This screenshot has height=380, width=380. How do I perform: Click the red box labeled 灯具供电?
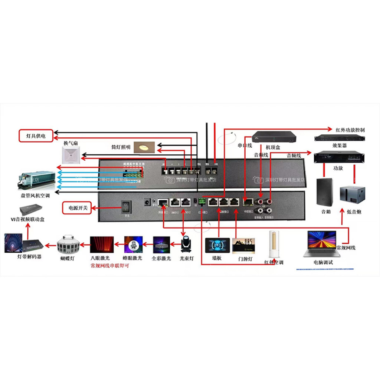[x=36, y=136]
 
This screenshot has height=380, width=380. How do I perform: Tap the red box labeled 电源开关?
[x=75, y=208]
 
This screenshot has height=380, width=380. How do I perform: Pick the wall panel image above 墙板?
[x=217, y=246]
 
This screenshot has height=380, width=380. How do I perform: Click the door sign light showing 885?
[x=243, y=246]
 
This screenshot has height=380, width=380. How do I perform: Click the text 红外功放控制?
[x=350, y=130]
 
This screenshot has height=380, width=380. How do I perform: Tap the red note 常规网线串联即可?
[x=110, y=266]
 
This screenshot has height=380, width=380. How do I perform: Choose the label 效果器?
[x=340, y=146]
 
